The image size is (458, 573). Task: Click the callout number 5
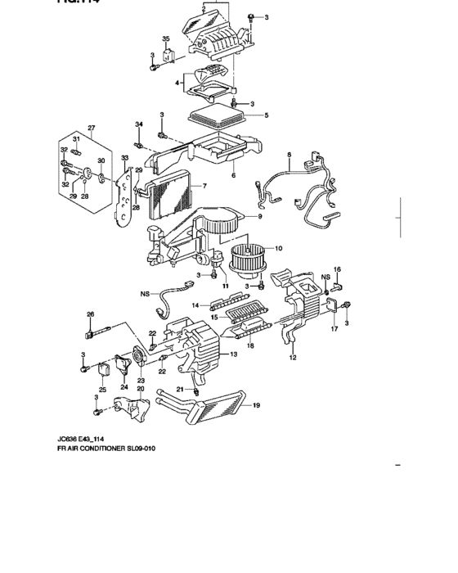pyautogui.click(x=266, y=115)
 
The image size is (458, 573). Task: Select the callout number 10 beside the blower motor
pyautogui.click(x=277, y=248)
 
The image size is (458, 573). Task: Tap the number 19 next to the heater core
pyautogui.click(x=256, y=404)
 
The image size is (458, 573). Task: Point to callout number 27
pyautogui.click(x=92, y=128)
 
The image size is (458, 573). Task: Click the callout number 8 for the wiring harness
pyautogui.click(x=289, y=155)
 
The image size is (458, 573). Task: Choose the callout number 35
pyautogui.click(x=165, y=39)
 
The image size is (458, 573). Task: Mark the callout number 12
pyautogui.click(x=292, y=358)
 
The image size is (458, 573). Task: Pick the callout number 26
pyautogui.click(x=90, y=314)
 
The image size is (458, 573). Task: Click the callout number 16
pyautogui.click(x=336, y=269)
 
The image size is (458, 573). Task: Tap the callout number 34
pyautogui.click(x=139, y=124)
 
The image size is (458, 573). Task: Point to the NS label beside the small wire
pyautogui.click(x=145, y=292)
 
